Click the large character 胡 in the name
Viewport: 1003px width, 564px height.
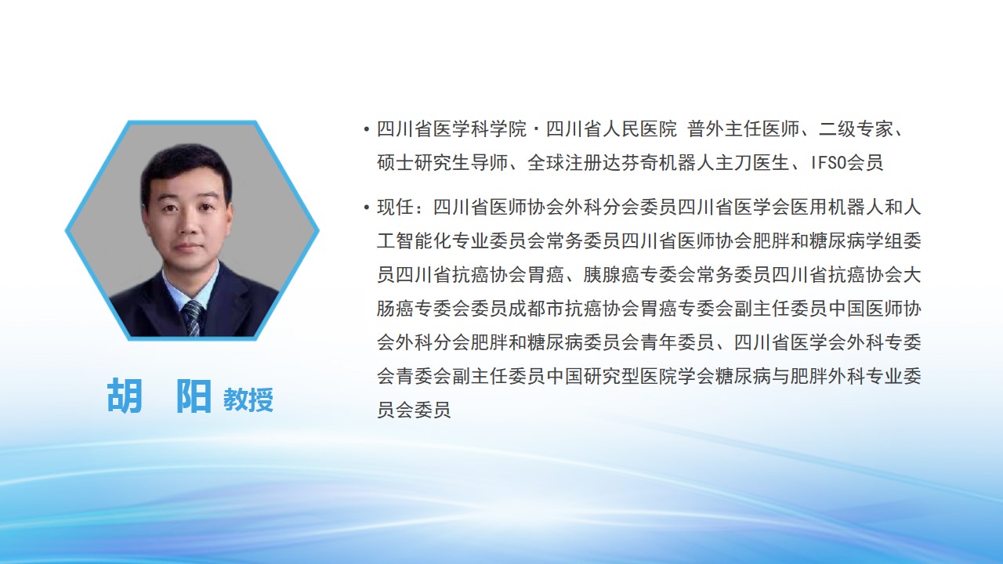[125, 396]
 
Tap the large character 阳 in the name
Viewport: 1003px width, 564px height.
[193, 396]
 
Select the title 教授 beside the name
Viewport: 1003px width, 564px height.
[248, 399]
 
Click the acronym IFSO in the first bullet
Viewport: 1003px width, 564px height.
[828, 162]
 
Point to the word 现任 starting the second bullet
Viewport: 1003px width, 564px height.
[396, 208]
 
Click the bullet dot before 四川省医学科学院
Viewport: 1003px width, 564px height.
[367, 130]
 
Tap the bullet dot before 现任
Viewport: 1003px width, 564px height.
[367, 208]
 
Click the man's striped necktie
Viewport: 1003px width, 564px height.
[193, 318]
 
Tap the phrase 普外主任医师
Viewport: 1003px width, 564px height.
[744, 129]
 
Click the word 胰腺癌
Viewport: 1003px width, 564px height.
[610, 275]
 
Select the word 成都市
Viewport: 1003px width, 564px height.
[537, 309]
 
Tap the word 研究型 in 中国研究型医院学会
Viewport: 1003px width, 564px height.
[610, 376]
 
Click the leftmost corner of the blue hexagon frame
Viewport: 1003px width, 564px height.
[66, 230]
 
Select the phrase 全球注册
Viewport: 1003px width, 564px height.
[564, 162]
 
